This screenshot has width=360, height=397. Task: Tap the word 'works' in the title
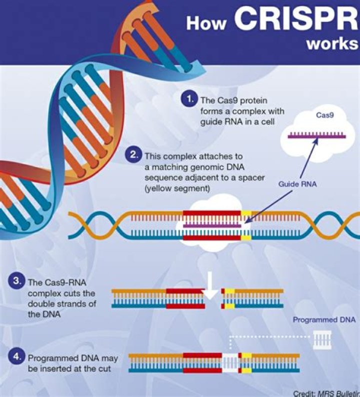point(332,43)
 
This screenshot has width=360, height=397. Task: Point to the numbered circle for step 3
point(16,281)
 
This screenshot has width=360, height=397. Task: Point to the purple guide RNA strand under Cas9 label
point(315,135)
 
